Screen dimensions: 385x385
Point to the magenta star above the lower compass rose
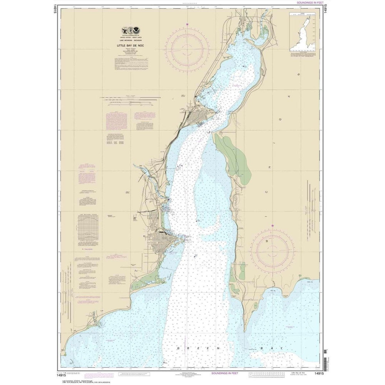[273, 225]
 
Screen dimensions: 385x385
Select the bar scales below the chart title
[131, 101]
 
